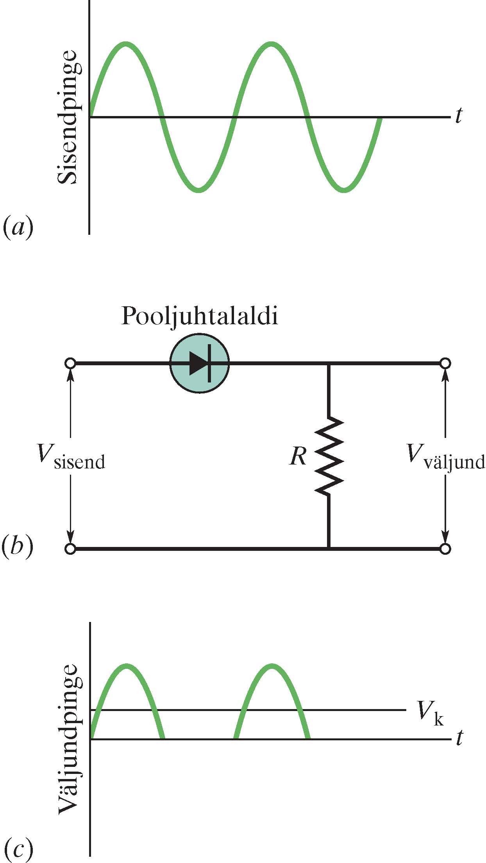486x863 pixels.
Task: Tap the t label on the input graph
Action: tap(459, 116)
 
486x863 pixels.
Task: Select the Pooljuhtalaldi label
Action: tap(200, 316)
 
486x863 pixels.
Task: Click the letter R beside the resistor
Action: tap(298, 456)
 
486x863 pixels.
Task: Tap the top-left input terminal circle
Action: tap(70, 364)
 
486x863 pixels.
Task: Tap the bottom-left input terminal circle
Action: tap(70, 549)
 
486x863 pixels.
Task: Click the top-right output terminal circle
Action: tap(445, 364)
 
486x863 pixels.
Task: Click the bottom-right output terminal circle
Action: tap(445, 549)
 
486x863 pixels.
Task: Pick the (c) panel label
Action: tap(17, 849)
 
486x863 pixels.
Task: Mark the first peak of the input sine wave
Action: tap(126, 43)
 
